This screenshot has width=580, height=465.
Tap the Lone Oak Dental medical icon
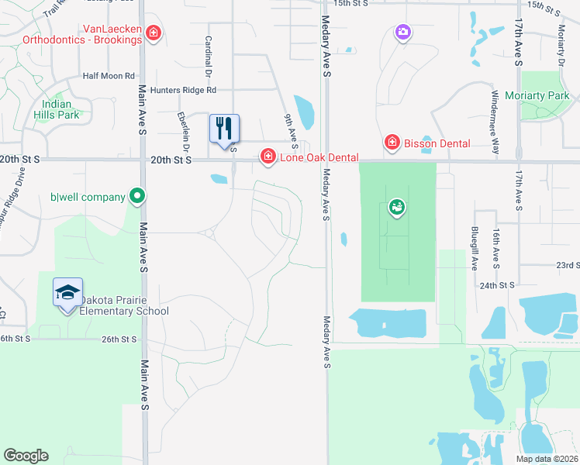click(x=268, y=157)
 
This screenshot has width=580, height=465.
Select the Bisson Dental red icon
click(x=392, y=143)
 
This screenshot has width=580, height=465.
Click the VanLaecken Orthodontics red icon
click(x=154, y=33)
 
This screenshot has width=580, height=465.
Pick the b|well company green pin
click(x=136, y=196)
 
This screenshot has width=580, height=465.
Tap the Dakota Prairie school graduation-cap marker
click(x=67, y=293)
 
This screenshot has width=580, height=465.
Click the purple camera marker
click(x=402, y=32)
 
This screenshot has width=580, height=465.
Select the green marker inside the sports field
click(x=397, y=207)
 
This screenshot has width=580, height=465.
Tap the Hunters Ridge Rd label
click(x=183, y=90)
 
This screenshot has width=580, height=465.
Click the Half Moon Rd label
click(x=109, y=76)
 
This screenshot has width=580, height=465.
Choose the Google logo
click(x=26, y=456)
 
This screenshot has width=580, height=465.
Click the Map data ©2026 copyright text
click(x=547, y=459)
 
